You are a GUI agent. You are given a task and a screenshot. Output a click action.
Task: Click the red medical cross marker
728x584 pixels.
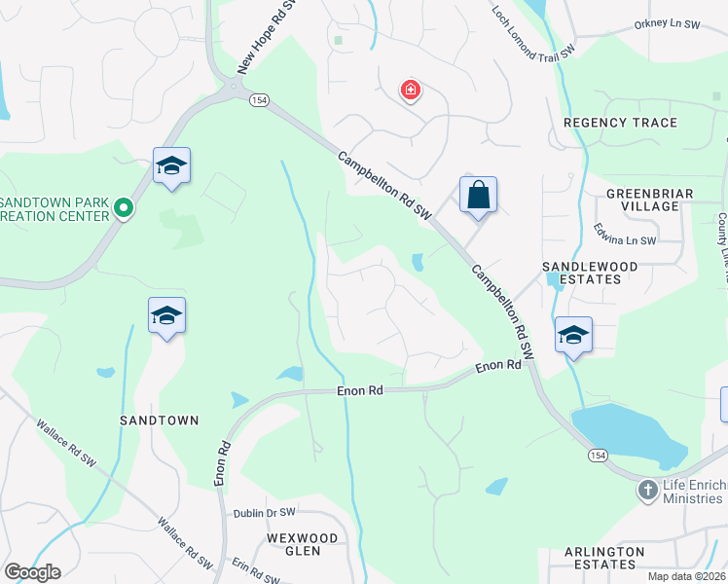click(x=411, y=91)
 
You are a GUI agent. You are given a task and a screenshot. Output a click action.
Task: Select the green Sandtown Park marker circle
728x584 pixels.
click(x=124, y=207)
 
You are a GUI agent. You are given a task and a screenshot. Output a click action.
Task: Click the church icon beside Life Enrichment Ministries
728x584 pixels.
click(x=647, y=490)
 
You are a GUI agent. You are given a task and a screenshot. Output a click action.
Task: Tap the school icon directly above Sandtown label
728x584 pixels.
click(x=167, y=315)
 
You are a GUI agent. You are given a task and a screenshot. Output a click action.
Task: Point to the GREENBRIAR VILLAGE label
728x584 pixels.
click(x=649, y=200)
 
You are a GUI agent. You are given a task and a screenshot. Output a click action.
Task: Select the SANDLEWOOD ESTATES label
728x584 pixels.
click(x=590, y=273)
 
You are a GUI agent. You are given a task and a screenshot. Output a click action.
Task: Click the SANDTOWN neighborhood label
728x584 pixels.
click(x=159, y=420)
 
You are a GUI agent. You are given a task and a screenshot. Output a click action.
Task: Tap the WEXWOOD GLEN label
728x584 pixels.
click(x=303, y=544)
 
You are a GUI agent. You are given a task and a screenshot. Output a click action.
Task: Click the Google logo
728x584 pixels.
click(x=32, y=572)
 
